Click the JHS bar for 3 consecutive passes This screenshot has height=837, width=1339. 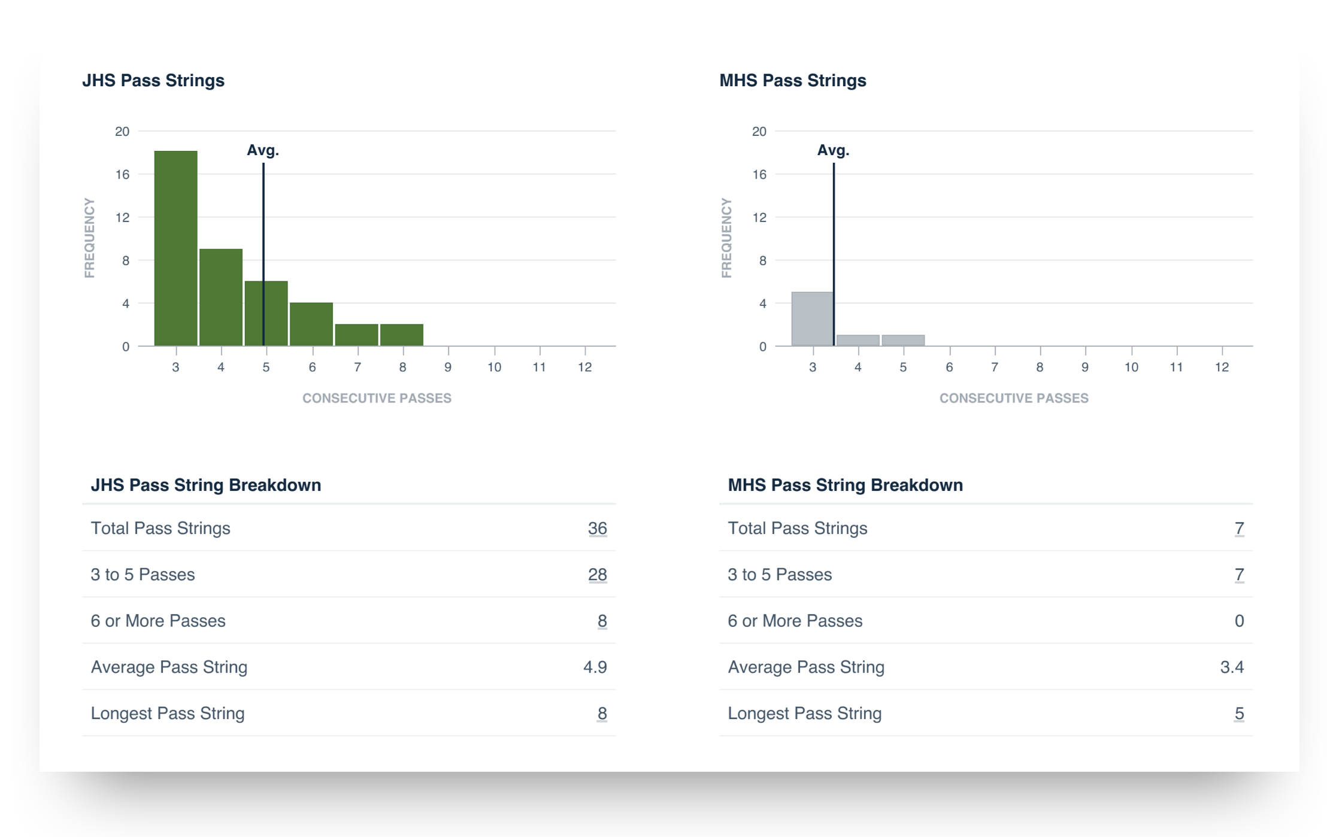tap(175, 248)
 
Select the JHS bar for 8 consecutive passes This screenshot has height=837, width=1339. tap(402, 335)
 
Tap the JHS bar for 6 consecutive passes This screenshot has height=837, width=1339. tap(311, 325)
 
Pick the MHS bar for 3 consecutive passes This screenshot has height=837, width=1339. tap(812, 319)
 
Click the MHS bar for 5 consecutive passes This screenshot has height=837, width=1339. tap(903, 341)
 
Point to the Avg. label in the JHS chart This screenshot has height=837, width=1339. tap(263, 150)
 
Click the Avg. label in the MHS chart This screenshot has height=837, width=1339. tap(833, 150)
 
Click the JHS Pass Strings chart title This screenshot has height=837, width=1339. tap(153, 81)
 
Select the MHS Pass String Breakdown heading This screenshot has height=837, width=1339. tap(845, 485)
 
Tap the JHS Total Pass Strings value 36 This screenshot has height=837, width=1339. tap(597, 528)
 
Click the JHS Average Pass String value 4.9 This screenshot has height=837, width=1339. tap(595, 667)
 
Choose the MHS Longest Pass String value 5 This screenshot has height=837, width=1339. tap(1239, 714)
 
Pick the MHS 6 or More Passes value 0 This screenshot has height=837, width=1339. tap(1239, 621)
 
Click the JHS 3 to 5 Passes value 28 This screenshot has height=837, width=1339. tap(597, 575)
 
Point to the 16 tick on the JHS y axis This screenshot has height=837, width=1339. tap(122, 174)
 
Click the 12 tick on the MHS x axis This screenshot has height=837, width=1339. tap(1222, 367)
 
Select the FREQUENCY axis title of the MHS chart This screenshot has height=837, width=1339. tap(726, 238)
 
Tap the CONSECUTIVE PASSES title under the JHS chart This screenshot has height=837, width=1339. tap(377, 398)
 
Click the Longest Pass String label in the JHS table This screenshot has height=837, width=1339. tap(168, 714)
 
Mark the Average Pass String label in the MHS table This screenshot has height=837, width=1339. tap(806, 667)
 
